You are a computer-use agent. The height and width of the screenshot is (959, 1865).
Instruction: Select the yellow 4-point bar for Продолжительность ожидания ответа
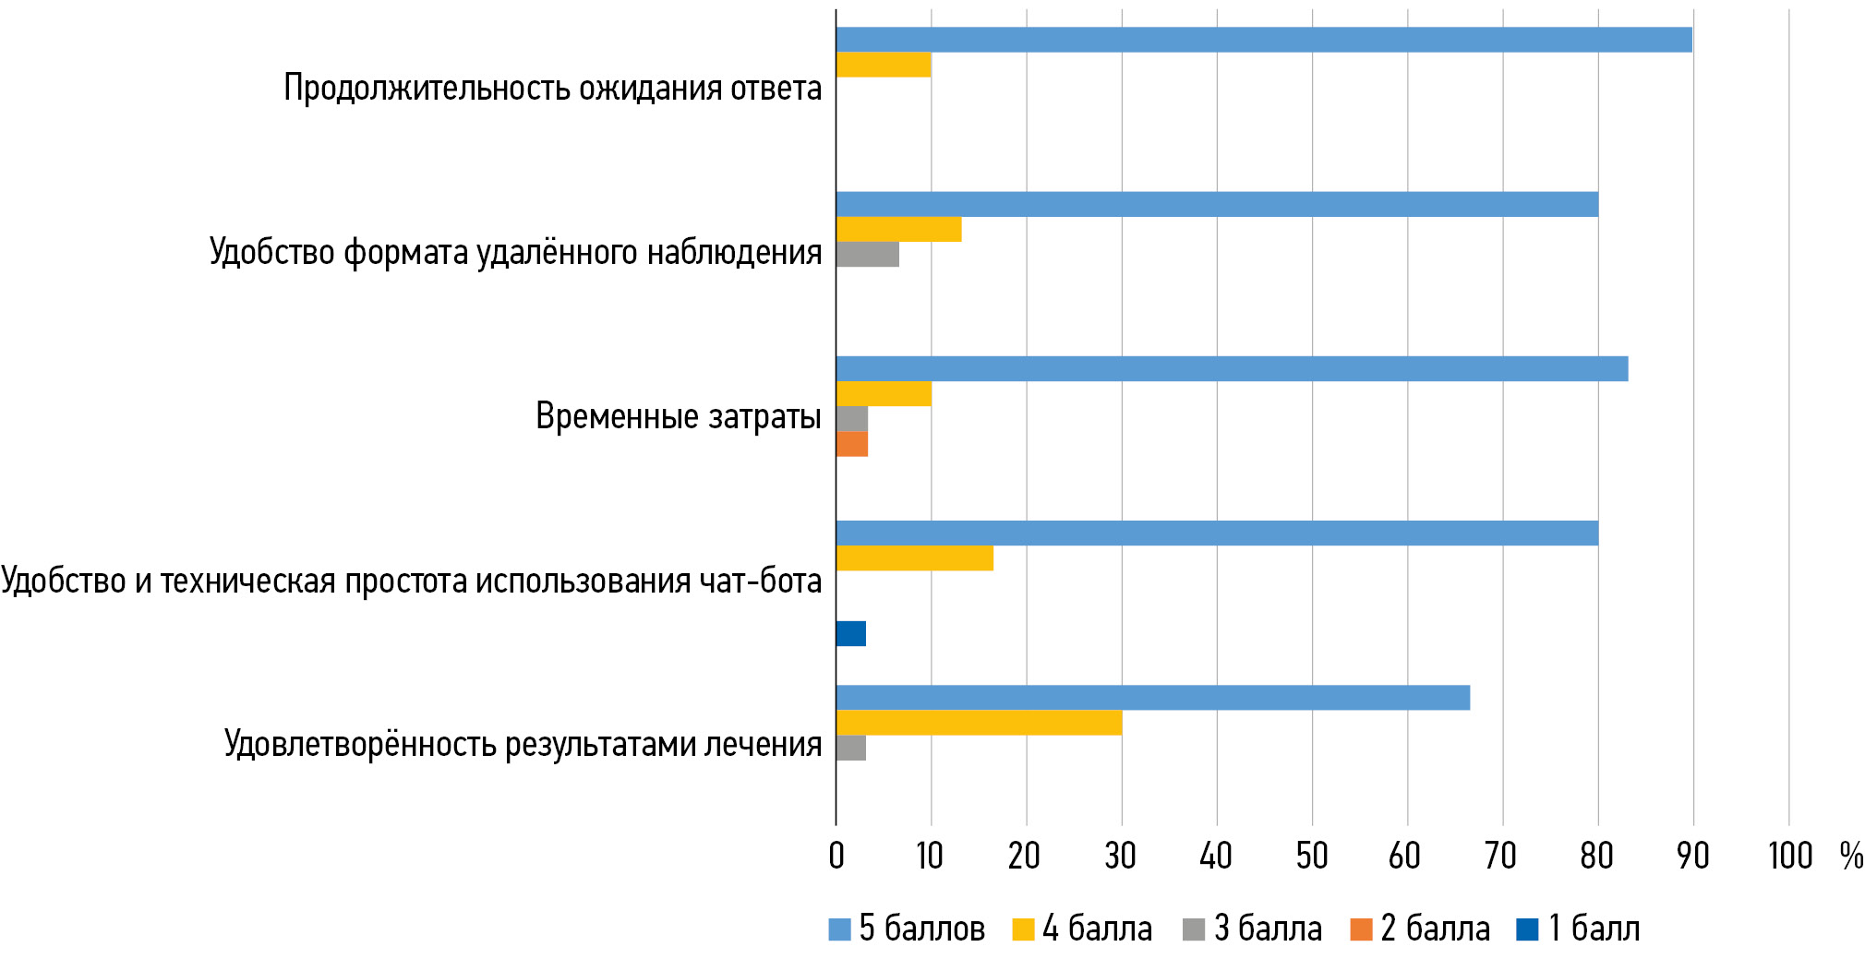[x=883, y=65]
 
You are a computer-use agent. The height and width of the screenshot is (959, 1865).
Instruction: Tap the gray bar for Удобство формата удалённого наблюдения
[x=867, y=254]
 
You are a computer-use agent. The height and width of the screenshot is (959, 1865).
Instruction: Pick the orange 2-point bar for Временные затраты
[x=851, y=444]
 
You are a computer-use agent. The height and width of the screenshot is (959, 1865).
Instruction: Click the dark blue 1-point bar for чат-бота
[x=850, y=633]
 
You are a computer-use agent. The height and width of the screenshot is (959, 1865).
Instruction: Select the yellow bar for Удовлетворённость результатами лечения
[x=979, y=723]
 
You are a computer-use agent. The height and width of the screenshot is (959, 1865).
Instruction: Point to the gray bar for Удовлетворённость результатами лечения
[x=850, y=748]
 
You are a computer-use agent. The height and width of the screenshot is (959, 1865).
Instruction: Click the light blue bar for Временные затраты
[x=1232, y=368]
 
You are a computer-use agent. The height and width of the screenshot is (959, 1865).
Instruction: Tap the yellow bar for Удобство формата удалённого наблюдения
[x=898, y=229]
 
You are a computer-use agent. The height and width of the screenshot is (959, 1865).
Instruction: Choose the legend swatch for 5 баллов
[x=839, y=929]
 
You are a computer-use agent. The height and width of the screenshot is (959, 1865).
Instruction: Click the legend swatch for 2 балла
[x=1361, y=929]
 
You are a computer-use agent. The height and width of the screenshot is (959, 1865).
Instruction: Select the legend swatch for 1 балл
[x=1527, y=929]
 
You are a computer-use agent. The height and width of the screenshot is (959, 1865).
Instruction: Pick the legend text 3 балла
[x=1268, y=929]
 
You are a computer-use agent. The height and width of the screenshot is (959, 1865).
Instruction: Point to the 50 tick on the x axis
[x=1311, y=856]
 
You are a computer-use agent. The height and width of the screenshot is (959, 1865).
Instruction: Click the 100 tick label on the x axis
[x=1789, y=856]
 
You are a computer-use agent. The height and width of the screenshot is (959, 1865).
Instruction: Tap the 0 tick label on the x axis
[x=836, y=856]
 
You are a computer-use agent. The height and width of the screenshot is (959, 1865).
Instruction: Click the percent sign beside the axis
[x=1850, y=856]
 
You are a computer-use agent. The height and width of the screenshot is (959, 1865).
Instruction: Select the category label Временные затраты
[x=678, y=416]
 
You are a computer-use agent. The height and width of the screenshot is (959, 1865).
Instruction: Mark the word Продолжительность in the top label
[x=427, y=88]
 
